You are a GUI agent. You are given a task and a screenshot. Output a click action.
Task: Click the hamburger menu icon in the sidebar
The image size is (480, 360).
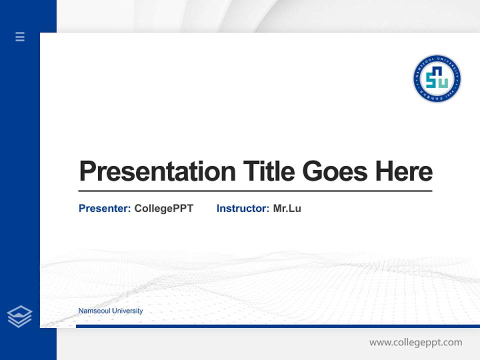[20, 36]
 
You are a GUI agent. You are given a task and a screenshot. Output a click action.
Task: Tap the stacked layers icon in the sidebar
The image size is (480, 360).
[19, 316]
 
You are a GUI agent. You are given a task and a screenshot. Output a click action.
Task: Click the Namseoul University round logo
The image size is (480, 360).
[437, 78]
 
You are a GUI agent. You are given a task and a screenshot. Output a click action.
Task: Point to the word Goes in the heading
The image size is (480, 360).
[335, 171]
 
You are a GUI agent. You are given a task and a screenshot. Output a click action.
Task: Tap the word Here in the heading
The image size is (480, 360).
[404, 171]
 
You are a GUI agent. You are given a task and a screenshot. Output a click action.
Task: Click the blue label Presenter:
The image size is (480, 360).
[104, 208]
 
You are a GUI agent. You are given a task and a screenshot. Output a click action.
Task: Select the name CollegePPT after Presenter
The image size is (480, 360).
[164, 208]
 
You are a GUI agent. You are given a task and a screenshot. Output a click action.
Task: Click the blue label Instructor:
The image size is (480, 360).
[243, 208]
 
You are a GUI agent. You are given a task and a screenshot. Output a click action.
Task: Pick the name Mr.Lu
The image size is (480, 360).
[287, 208]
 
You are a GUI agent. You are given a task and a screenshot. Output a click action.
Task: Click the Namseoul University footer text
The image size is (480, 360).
[110, 311]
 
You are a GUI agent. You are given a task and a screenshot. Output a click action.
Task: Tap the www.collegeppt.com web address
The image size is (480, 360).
[415, 342]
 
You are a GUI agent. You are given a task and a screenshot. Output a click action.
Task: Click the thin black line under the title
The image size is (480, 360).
[255, 191]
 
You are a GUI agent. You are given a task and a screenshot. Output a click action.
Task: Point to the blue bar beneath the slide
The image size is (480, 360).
[277, 326]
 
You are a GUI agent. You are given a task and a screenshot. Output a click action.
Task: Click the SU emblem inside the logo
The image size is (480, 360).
[437, 78]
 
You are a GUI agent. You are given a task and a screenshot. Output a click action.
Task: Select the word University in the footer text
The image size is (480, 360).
[127, 311]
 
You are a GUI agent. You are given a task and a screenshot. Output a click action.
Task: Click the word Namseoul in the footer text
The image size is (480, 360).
[94, 311]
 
